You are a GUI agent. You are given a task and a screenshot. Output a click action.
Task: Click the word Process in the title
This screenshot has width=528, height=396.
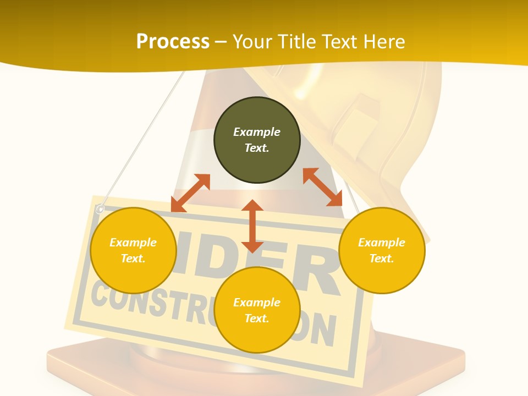tap(173, 42)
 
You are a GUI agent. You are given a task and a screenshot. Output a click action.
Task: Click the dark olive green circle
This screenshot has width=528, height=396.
tap(257, 140)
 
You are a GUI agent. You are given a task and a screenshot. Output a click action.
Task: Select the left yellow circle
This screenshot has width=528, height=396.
tap(133, 250)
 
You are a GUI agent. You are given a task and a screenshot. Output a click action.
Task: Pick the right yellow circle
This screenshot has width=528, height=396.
tap(382, 250)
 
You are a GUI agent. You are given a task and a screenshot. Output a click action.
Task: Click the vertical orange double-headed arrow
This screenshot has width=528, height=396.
tap(252, 226)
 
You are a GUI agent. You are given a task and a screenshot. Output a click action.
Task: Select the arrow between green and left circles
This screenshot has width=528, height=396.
tap(190, 193)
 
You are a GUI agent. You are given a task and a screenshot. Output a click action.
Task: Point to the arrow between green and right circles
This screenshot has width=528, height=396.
tap(323, 187)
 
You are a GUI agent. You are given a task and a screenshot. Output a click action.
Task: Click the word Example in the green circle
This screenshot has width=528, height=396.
tap(257, 132)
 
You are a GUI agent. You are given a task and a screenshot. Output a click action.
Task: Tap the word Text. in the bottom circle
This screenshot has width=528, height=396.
tap(257, 318)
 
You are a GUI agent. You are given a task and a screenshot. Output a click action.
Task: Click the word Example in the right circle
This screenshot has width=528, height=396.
tap(382, 243)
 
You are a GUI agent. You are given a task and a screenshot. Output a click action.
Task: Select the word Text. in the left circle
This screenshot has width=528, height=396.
tap(133, 258)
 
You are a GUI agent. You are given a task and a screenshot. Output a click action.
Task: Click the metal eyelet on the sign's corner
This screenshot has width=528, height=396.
tap(100, 208)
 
